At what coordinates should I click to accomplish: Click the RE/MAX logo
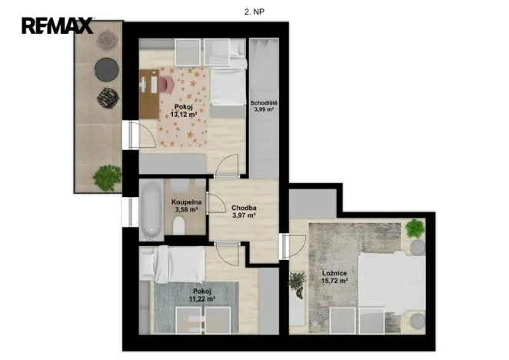(58, 25)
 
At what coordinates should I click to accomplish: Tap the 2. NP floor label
(254, 12)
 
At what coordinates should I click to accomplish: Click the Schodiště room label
(264, 103)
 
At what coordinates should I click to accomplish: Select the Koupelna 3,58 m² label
(186, 206)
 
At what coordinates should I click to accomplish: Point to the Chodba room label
(244, 208)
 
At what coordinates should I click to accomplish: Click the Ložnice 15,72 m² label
(334, 277)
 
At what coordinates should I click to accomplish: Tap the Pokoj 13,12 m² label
(184, 111)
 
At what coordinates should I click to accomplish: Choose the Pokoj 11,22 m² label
(202, 295)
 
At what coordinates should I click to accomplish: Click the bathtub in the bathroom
(151, 210)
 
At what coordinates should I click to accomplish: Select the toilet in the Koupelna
(179, 225)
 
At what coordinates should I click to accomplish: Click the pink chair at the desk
(167, 84)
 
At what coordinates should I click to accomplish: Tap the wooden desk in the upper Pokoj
(149, 94)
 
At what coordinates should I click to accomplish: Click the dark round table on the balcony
(106, 69)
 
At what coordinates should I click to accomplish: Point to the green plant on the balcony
(108, 178)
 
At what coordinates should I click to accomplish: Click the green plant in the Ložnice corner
(415, 228)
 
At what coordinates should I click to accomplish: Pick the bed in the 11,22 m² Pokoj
(172, 264)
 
